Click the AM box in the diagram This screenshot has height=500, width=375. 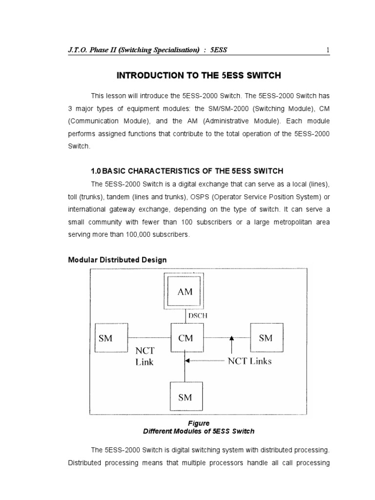185,292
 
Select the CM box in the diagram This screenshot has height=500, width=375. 185,337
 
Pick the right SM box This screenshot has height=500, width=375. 266,337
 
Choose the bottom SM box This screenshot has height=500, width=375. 185,397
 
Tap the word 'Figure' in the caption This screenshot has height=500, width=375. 198,423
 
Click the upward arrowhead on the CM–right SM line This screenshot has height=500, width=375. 231,337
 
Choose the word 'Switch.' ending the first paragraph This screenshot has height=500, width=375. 79,146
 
